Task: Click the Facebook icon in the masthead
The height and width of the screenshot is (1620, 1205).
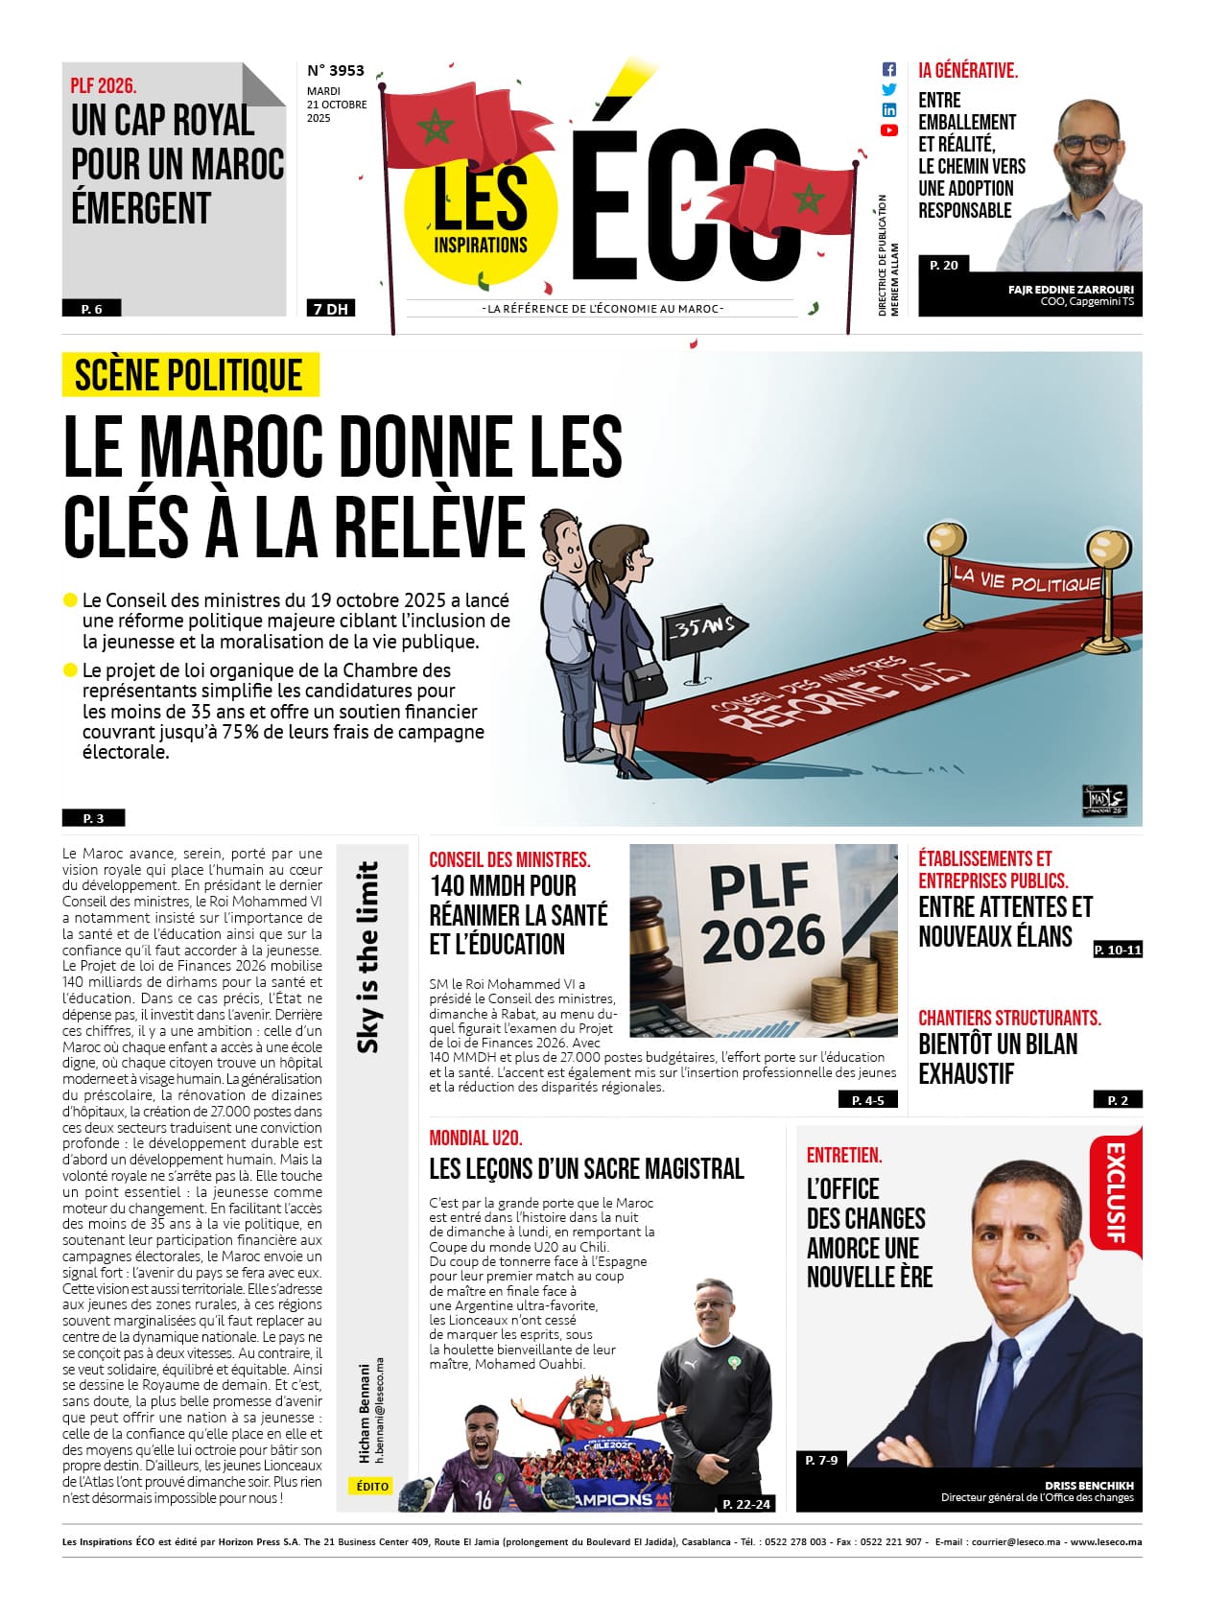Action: pyautogui.click(x=888, y=69)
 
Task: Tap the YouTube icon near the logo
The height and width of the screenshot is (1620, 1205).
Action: pyautogui.click(x=888, y=130)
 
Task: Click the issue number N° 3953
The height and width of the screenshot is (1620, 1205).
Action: pyautogui.click(x=336, y=70)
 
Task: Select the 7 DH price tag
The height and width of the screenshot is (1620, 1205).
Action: pyautogui.click(x=330, y=309)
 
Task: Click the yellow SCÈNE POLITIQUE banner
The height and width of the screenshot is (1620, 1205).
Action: pyautogui.click(x=190, y=375)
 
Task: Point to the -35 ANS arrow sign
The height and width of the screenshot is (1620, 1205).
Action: pyautogui.click(x=704, y=629)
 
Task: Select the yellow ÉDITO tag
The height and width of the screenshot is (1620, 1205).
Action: pyautogui.click(x=372, y=1486)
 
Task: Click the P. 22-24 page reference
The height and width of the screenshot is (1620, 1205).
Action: pyautogui.click(x=746, y=1503)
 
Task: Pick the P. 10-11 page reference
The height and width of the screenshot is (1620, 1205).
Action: pyautogui.click(x=1118, y=950)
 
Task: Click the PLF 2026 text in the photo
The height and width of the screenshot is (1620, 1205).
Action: pyautogui.click(x=764, y=912)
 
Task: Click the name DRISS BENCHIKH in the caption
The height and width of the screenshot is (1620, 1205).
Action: pyautogui.click(x=1089, y=1485)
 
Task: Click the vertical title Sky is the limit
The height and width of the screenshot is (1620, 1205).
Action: pyautogui.click(x=367, y=956)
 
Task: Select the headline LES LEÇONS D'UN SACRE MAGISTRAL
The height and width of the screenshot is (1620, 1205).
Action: pyautogui.click(x=586, y=1168)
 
